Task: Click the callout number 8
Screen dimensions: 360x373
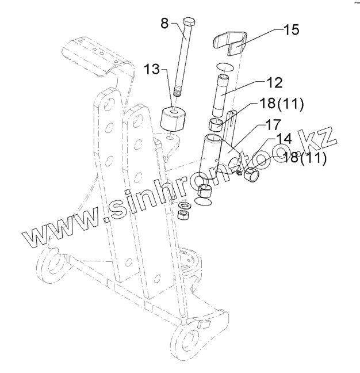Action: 164,24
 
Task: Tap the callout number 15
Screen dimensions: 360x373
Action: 291,29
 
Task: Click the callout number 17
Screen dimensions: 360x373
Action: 272,123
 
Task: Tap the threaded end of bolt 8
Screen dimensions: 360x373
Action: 177,92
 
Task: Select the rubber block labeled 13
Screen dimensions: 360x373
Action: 174,120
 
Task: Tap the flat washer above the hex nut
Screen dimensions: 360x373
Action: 186,205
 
